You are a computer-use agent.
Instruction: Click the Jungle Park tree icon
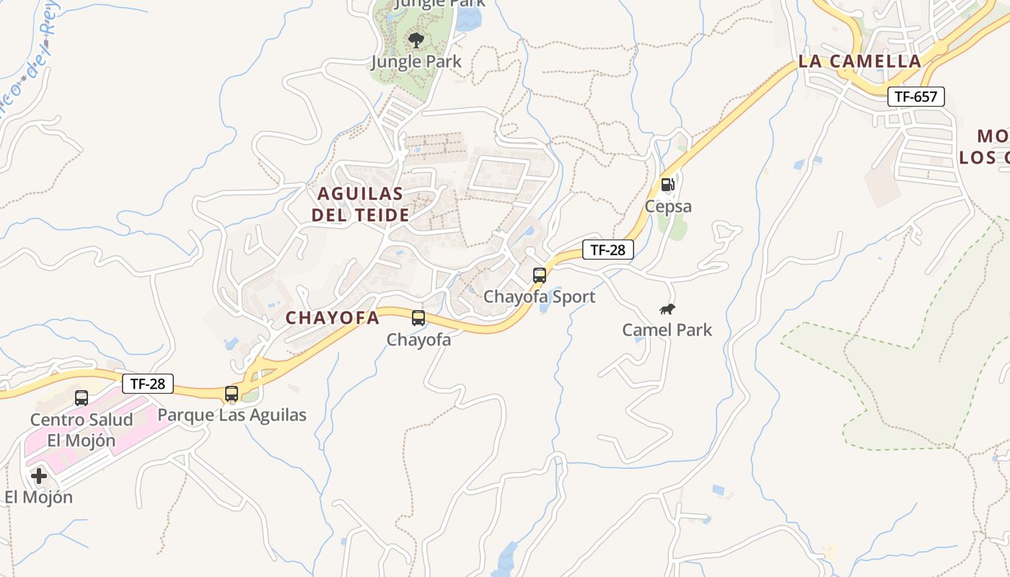pyautogui.click(x=416, y=40)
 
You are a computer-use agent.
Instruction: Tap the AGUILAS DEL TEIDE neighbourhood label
pyautogui.click(x=360, y=204)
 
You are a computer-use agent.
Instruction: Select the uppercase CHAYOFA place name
pyautogui.click(x=333, y=318)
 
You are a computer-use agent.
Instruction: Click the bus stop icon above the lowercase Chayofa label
pyautogui.click(x=418, y=318)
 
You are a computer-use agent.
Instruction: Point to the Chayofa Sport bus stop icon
pyautogui.click(x=540, y=276)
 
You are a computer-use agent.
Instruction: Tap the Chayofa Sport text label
pyautogui.click(x=539, y=296)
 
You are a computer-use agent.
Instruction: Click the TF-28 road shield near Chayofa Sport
pyautogui.click(x=607, y=250)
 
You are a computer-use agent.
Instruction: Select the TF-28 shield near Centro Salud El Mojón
pyautogui.click(x=147, y=384)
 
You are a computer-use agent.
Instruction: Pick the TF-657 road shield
pyautogui.click(x=915, y=97)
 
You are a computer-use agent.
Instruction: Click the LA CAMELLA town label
pyautogui.click(x=860, y=62)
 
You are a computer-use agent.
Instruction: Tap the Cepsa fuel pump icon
pyautogui.click(x=668, y=185)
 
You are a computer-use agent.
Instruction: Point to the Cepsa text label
pyautogui.click(x=668, y=207)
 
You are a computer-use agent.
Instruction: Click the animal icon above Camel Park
pyautogui.click(x=667, y=309)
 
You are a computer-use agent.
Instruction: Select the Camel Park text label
pyautogui.click(x=667, y=330)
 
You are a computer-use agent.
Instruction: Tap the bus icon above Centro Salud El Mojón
pyautogui.click(x=82, y=398)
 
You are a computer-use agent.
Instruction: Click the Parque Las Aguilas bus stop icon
pyautogui.click(x=232, y=394)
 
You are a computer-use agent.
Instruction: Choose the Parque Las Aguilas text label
pyautogui.click(x=232, y=415)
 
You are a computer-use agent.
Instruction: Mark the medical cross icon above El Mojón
pyautogui.click(x=39, y=476)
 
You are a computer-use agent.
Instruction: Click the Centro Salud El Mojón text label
pyautogui.click(x=82, y=430)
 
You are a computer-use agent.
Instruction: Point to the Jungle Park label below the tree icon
pyautogui.click(x=416, y=62)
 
